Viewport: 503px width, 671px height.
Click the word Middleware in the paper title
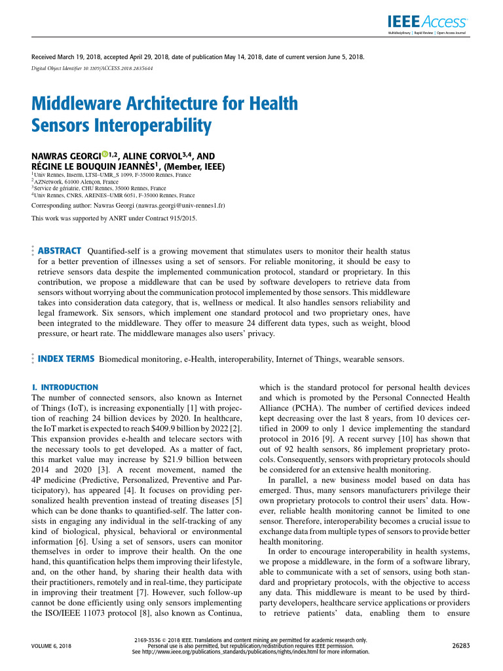click(77, 104)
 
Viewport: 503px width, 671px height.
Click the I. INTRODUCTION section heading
click(65, 387)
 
